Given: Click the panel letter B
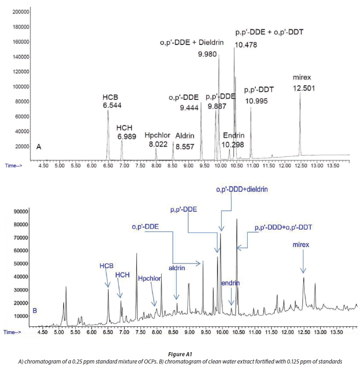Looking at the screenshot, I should pyautogui.click(x=35, y=311).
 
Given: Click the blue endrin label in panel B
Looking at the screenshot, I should pyautogui.click(x=230, y=283).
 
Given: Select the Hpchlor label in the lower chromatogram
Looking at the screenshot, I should pyautogui.click(x=149, y=278).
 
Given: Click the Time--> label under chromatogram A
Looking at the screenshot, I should pyautogui.click(x=16, y=165).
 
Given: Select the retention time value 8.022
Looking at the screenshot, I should pyautogui.click(x=156, y=144).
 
